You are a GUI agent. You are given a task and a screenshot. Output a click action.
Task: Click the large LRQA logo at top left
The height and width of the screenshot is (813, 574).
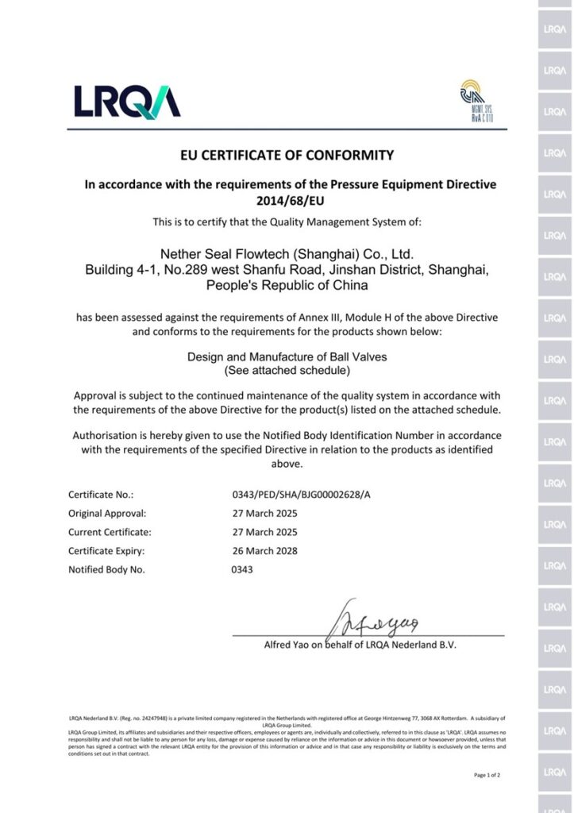[127, 101]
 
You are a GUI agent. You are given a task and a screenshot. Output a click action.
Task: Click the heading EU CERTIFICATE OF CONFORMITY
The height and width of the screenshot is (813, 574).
[287, 155]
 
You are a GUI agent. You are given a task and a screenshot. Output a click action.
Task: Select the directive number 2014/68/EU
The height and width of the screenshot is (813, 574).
[290, 201]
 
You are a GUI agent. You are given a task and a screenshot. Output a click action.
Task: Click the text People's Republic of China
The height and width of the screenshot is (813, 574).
[287, 285]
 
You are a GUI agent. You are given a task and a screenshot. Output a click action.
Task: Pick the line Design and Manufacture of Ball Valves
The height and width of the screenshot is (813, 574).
[287, 357]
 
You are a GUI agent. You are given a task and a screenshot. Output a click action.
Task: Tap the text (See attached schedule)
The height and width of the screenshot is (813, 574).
[287, 370]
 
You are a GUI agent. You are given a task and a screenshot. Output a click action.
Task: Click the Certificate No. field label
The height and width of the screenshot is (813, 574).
[101, 495]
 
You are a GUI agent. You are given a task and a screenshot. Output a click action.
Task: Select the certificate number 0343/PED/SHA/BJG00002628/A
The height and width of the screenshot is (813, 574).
[301, 495]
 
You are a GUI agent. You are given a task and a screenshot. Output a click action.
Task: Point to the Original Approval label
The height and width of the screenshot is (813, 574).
[107, 514]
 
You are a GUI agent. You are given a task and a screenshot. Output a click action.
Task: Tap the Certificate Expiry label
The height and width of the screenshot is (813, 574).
[106, 551]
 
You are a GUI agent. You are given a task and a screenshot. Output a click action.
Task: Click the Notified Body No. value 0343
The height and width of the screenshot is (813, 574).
[242, 569]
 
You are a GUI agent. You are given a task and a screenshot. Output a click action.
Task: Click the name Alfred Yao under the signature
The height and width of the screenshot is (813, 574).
[287, 645]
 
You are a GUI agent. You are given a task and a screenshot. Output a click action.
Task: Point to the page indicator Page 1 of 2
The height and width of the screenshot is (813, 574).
[487, 775]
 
